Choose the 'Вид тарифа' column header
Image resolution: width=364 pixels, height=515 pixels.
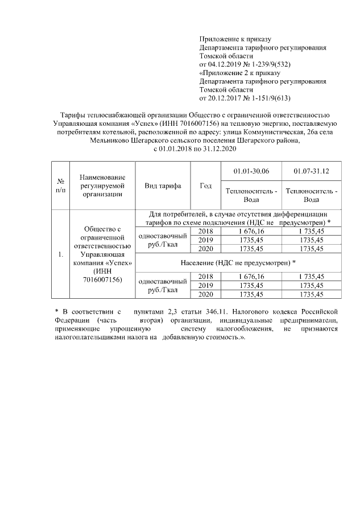pyautogui.click(x=163, y=186)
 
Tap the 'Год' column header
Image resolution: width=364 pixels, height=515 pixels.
pyautogui.click(x=206, y=186)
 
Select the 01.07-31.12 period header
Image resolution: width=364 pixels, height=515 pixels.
pyautogui.click(x=311, y=171)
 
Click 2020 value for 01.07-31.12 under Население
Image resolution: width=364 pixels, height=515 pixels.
pyautogui.click(x=311, y=294)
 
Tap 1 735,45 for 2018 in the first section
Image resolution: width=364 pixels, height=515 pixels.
pyautogui.click(x=311, y=231)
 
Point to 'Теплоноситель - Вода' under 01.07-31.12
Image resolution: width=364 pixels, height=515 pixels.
pyautogui.click(x=311, y=195)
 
